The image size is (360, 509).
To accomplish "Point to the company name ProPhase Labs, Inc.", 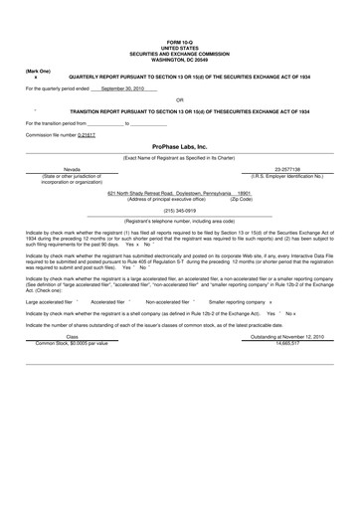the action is point(180,146).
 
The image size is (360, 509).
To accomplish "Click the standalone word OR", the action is point(179,99).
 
